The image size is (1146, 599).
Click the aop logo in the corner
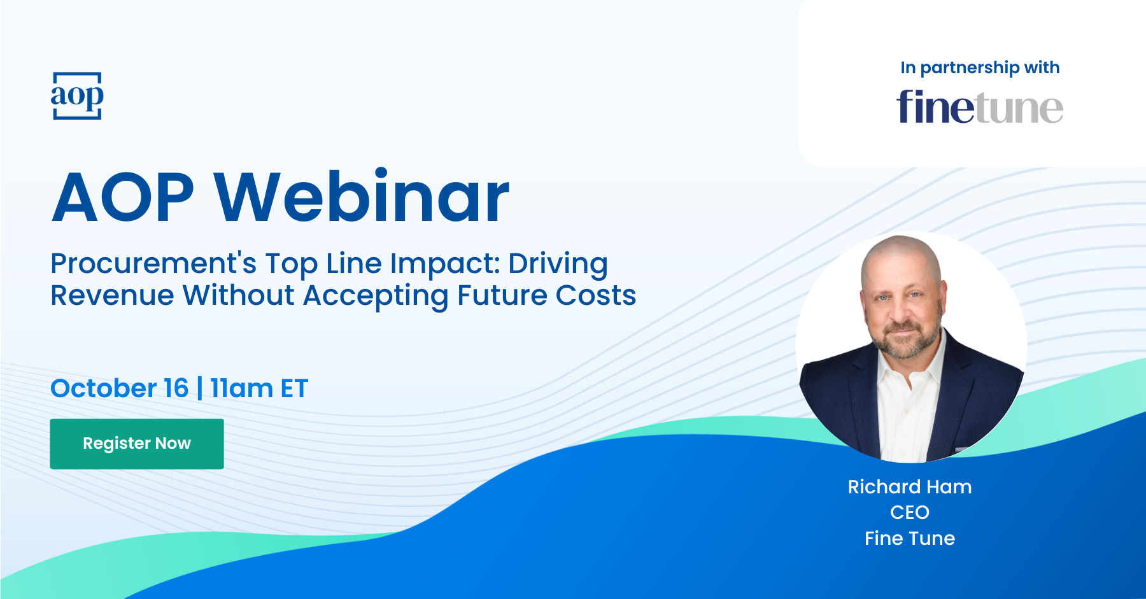77,95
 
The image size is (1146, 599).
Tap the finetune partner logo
980,107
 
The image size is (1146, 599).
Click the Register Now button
137,444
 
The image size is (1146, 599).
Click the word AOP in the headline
123,197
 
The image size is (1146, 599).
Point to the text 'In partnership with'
980,68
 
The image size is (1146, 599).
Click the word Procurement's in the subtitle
153,264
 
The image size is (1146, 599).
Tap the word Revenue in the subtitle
112,295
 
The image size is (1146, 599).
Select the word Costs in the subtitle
596,295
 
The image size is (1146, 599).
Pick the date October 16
120,388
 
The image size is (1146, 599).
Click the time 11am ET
259,388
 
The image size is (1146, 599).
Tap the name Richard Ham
910,487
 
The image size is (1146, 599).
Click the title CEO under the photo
910,512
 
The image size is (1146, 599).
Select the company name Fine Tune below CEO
910,539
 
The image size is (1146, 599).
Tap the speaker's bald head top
900,251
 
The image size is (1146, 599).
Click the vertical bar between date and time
200,388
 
